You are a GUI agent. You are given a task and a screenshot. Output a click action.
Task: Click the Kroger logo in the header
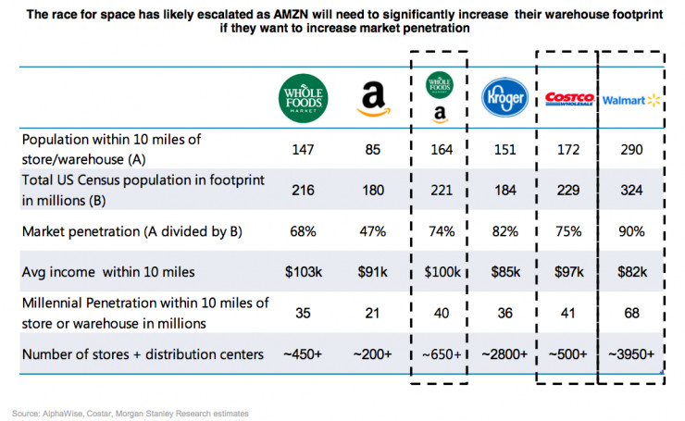[505, 97]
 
